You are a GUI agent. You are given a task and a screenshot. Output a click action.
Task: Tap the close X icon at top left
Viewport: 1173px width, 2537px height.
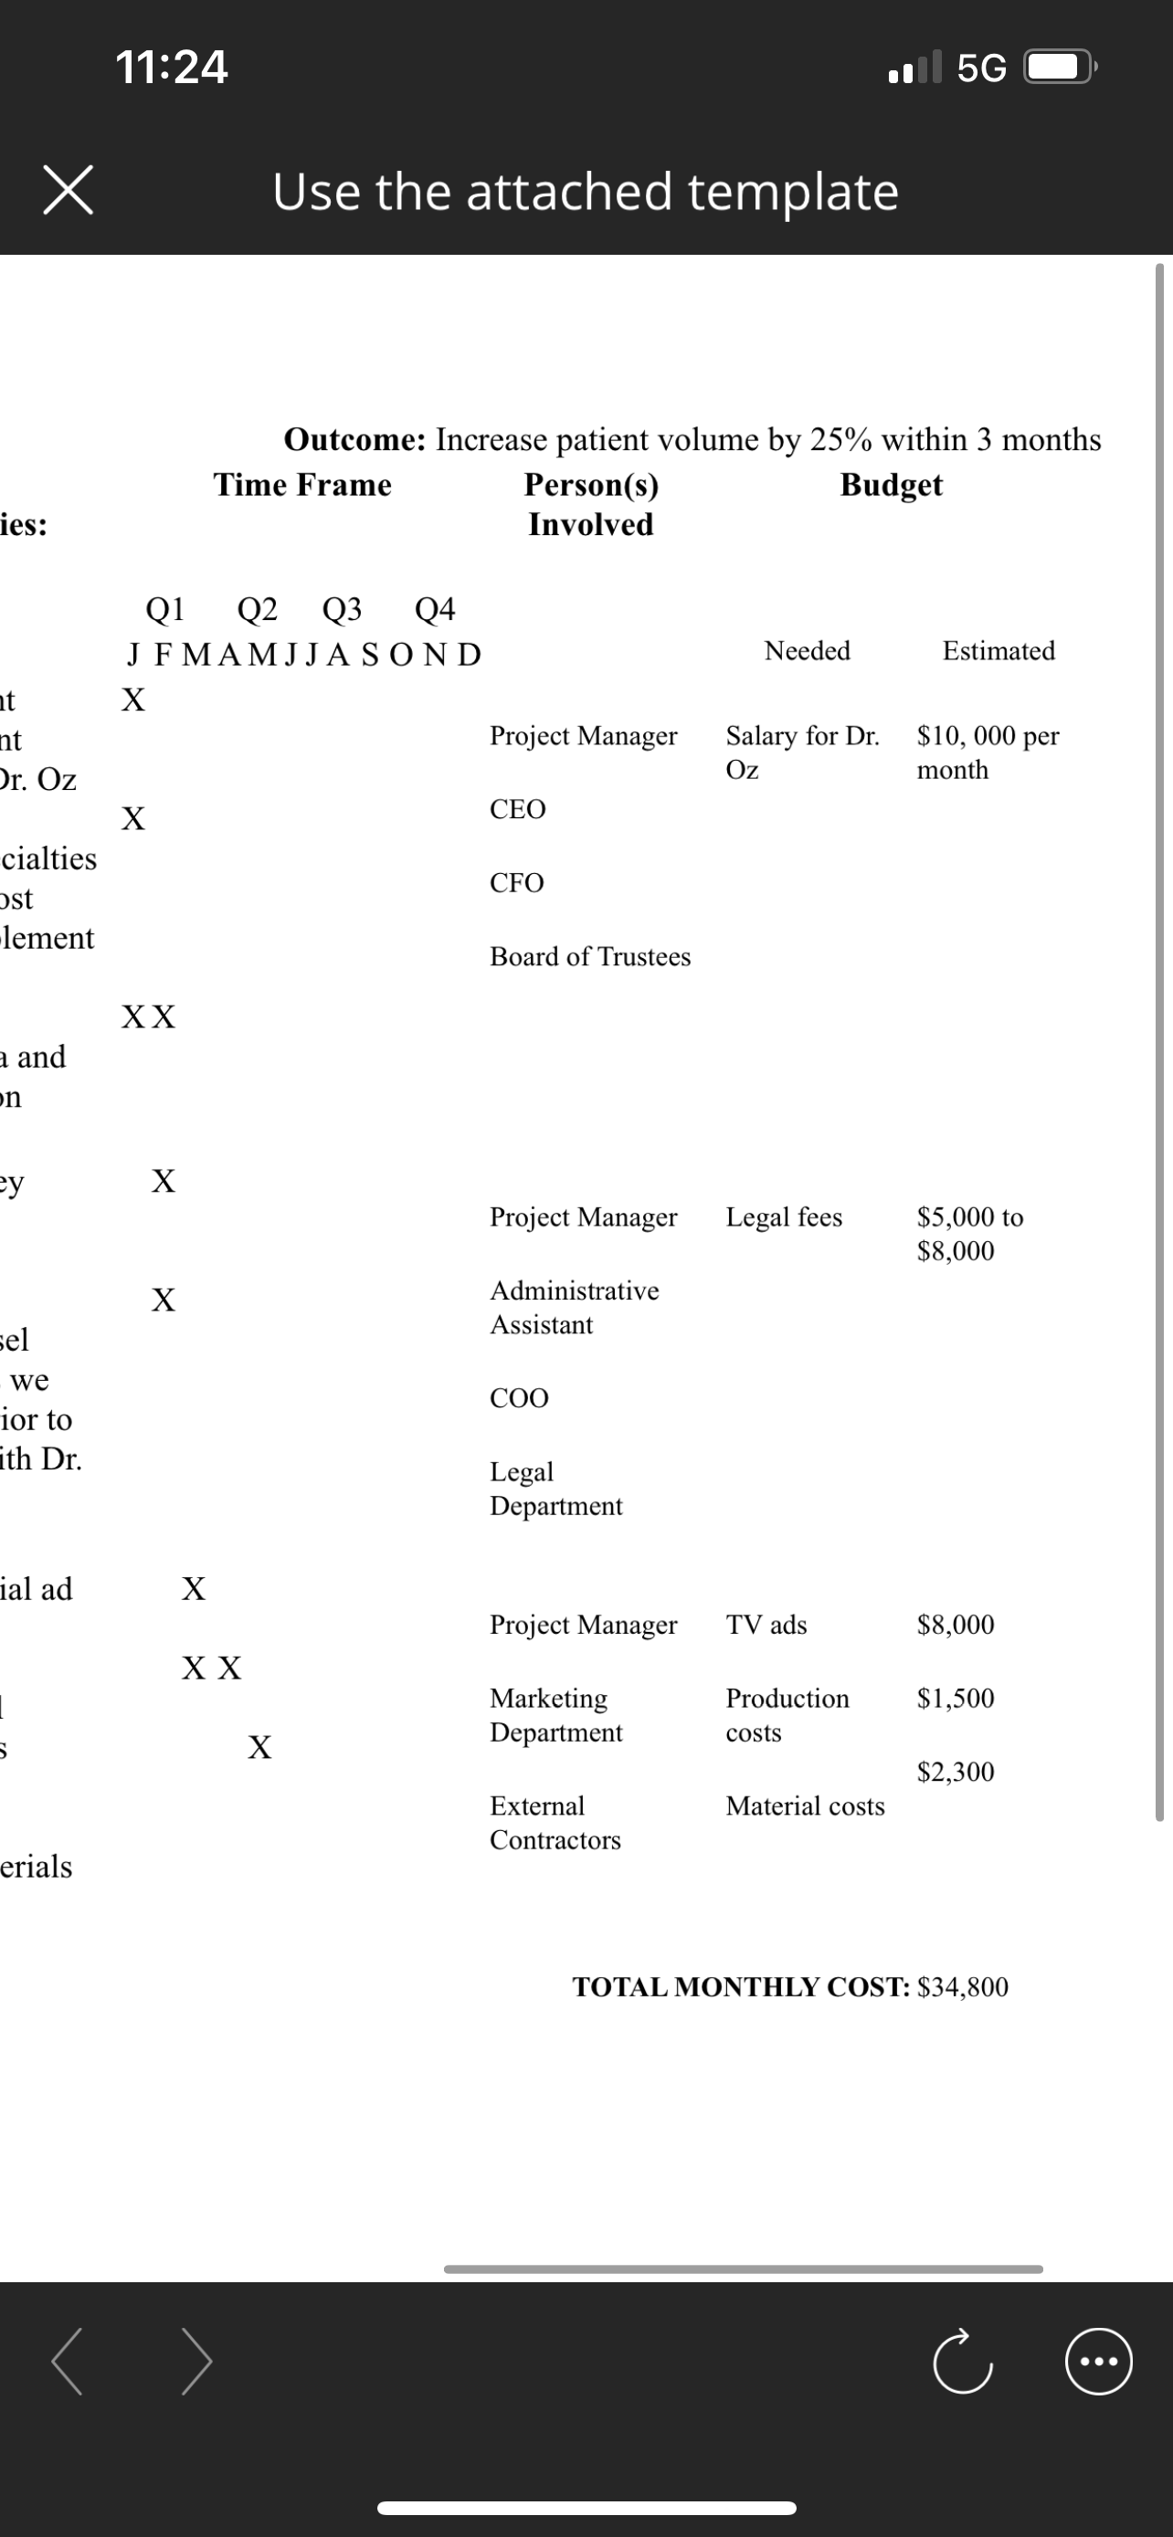[x=69, y=190]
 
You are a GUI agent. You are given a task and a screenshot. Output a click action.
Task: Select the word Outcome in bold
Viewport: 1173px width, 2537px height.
[x=354, y=439]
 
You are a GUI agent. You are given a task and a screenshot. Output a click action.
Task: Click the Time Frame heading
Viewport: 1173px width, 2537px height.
[x=302, y=485]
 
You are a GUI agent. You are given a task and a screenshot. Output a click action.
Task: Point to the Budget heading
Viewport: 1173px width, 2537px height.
[x=891, y=485]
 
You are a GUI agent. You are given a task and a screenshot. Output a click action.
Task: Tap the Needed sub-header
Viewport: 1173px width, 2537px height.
[x=807, y=651]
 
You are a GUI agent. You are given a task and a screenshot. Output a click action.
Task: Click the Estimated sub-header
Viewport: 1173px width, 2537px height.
[x=998, y=651]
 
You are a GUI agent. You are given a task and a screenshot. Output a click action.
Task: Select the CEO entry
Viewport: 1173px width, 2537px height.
[x=517, y=809]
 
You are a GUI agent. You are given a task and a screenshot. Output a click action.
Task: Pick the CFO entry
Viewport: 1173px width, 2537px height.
[x=516, y=882]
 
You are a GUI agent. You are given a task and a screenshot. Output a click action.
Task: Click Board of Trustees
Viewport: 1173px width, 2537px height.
[x=590, y=956]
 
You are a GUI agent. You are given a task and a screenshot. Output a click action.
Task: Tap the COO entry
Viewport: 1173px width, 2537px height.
[x=519, y=1398]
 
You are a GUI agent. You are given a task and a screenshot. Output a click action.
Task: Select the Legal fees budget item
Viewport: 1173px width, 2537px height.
[x=784, y=1217]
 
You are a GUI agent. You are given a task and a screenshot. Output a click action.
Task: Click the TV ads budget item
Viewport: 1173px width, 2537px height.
[x=766, y=1625]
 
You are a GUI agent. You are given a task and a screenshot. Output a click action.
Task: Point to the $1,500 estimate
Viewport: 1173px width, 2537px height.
[x=956, y=1698]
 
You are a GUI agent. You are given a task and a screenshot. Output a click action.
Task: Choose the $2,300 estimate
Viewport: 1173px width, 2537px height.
[x=956, y=1772]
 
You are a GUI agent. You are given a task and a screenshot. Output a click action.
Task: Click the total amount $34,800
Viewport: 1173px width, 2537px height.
[x=962, y=1986]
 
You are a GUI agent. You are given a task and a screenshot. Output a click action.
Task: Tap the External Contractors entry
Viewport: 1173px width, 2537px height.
[x=555, y=1823]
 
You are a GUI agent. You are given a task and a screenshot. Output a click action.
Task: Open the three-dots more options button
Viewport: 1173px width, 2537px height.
[x=1098, y=2361]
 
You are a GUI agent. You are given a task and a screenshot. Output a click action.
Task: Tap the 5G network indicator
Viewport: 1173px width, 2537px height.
[x=981, y=68]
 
